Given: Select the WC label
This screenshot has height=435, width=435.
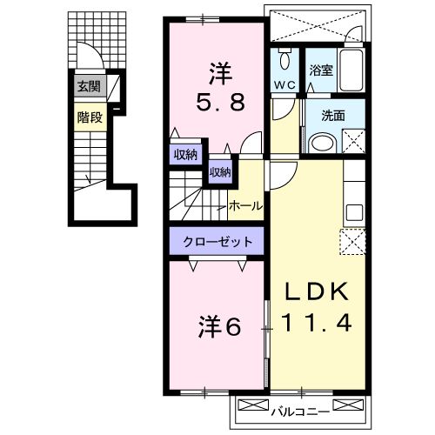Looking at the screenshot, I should coord(284,85).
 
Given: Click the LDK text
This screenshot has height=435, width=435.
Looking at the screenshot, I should coord(317,290).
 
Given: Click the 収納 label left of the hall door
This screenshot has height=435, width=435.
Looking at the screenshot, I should coord(184,155).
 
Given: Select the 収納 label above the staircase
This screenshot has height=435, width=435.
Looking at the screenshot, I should coord(218,172).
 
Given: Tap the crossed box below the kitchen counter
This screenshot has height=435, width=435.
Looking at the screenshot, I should coord(354,241).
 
